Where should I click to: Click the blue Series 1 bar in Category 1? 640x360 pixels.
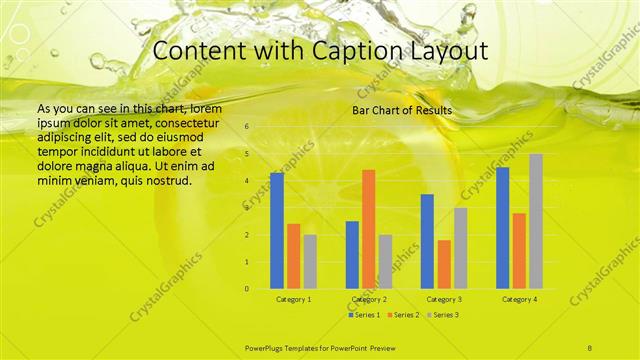tap(277, 231)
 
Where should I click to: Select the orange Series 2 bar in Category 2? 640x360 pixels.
tap(368, 229)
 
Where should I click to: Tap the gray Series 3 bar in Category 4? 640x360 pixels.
tap(536, 221)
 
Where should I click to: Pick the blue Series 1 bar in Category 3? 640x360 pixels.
tap(427, 241)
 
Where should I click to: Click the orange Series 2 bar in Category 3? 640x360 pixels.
tap(444, 264)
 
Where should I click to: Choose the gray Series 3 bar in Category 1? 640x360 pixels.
tap(310, 261)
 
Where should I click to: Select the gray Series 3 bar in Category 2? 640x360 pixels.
tap(385, 261)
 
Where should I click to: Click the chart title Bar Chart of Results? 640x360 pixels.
tap(402, 110)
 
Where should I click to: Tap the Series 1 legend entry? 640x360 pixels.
tap(364, 315)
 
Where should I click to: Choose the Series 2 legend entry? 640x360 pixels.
tap(402, 315)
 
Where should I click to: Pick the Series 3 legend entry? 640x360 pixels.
tap(440, 315)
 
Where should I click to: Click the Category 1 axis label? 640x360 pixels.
tap(293, 299)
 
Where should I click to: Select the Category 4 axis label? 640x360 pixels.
tap(519, 299)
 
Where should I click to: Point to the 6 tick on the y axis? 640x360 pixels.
tap(247, 127)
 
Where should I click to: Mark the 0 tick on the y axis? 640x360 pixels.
tap(247, 289)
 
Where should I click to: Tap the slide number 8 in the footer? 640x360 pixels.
tap(591, 346)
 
